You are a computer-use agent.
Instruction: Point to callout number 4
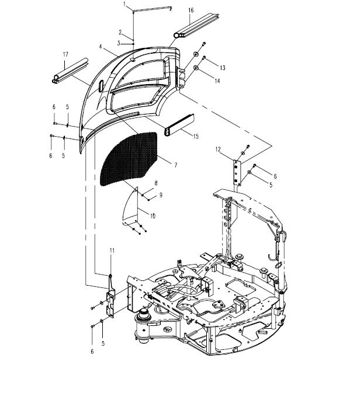[101, 46]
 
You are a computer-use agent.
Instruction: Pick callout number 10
[153, 216]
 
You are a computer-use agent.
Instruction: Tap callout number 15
[195, 137]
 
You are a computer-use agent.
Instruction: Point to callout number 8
[155, 183]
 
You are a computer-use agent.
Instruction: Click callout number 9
[161, 194]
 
